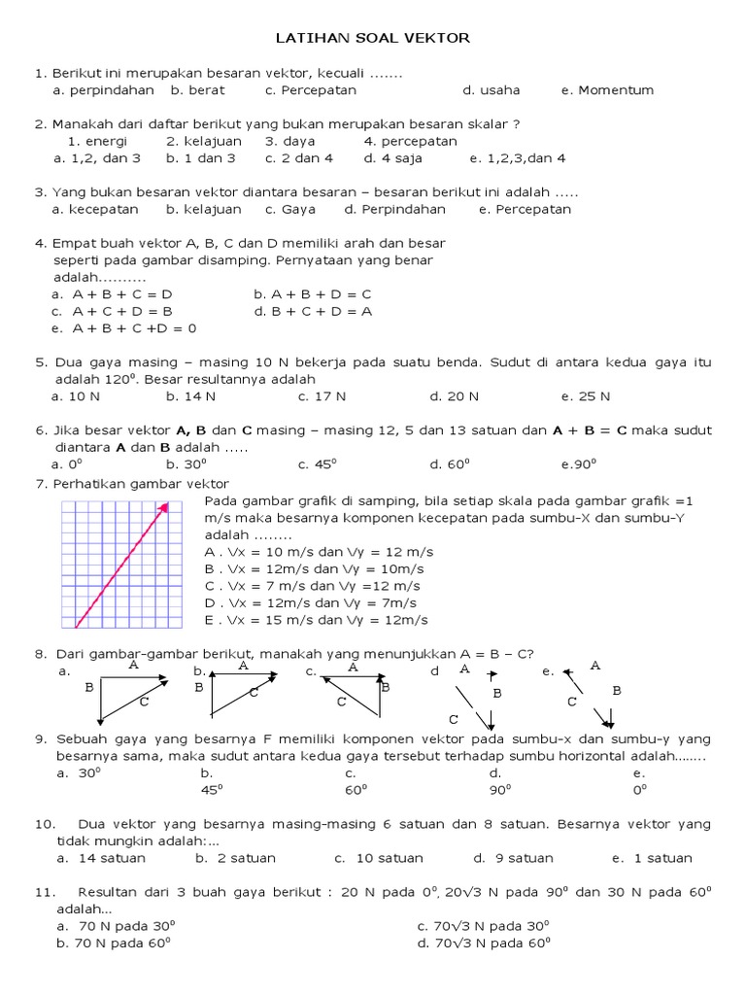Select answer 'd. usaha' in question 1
pos(491,90)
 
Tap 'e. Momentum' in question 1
pos(607,90)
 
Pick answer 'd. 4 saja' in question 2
pos(393,157)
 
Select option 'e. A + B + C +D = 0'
pos(123,328)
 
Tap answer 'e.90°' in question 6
pos(578,464)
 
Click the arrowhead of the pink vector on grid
pos(165,505)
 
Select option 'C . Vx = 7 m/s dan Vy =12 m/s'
pos(312,586)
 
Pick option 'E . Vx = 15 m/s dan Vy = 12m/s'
pos(316,620)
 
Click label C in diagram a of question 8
pos(144,701)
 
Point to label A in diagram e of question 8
pos(595,666)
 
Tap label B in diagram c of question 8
pos(385,687)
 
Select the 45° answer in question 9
pos(211,790)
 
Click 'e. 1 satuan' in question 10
pos(652,858)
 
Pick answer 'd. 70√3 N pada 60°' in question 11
pos(483,943)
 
